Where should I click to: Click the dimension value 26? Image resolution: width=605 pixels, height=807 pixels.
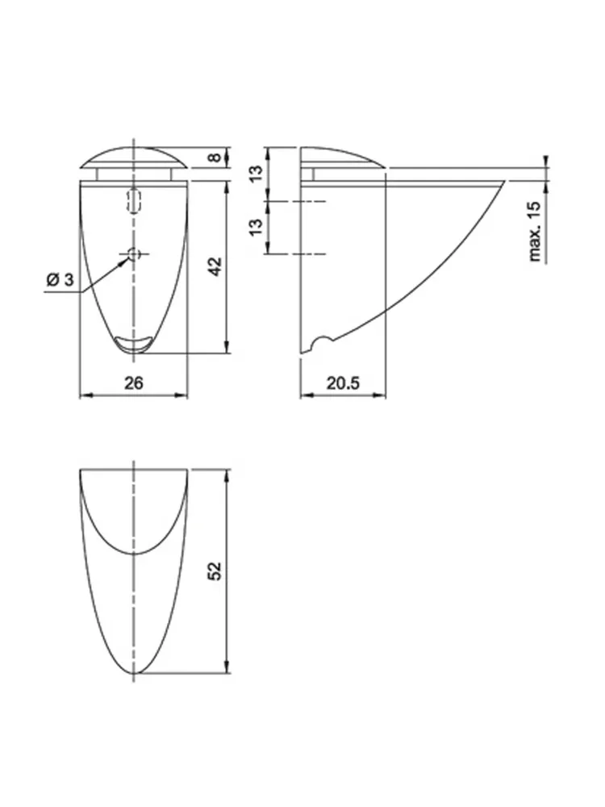point(134,383)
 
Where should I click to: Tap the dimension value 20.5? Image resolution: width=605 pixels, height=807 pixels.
point(343,383)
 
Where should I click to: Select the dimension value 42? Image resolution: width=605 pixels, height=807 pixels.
point(216,266)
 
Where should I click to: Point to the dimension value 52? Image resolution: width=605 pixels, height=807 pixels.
point(216,571)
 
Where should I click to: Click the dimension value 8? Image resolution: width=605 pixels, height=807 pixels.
point(216,157)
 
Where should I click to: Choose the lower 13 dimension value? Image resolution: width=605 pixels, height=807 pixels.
point(257,226)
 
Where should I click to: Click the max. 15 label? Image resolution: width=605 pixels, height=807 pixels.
point(536,231)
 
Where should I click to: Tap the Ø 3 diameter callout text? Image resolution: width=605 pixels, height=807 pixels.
point(60,280)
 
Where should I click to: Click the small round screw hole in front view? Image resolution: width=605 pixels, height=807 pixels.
point(134,253)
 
